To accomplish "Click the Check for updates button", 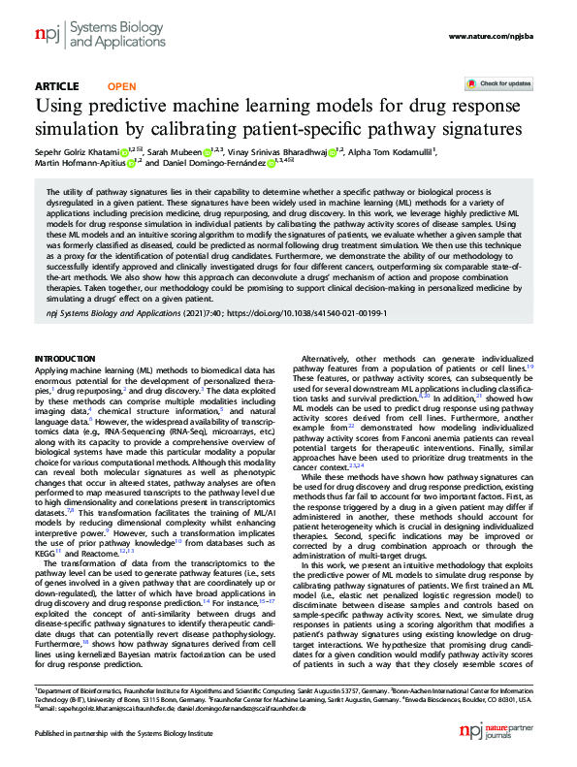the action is pyautogui.click(x=497, y=84).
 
